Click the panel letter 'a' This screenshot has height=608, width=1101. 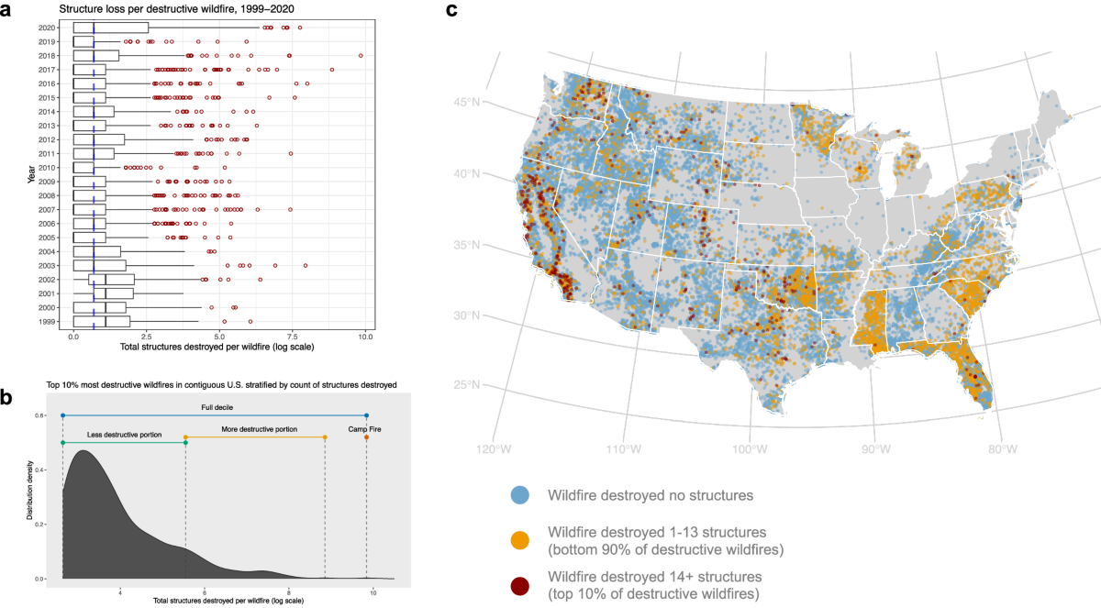(8, 10)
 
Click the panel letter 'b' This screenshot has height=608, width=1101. (8, 397)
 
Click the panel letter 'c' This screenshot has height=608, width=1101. (451, 10)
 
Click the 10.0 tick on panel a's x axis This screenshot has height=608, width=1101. (365, 337)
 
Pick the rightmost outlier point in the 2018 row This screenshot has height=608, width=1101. (361, 56)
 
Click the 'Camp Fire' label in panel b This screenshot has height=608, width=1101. (366, 427)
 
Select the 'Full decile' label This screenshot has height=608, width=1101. (216, 406)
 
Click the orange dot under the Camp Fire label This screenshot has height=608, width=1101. (366, 437)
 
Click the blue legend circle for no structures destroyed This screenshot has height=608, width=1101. (519, 495)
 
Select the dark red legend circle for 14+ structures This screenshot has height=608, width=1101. (519, 584)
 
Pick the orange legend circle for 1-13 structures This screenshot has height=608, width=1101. (519, 540)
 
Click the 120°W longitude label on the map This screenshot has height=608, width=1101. (493, 450)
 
